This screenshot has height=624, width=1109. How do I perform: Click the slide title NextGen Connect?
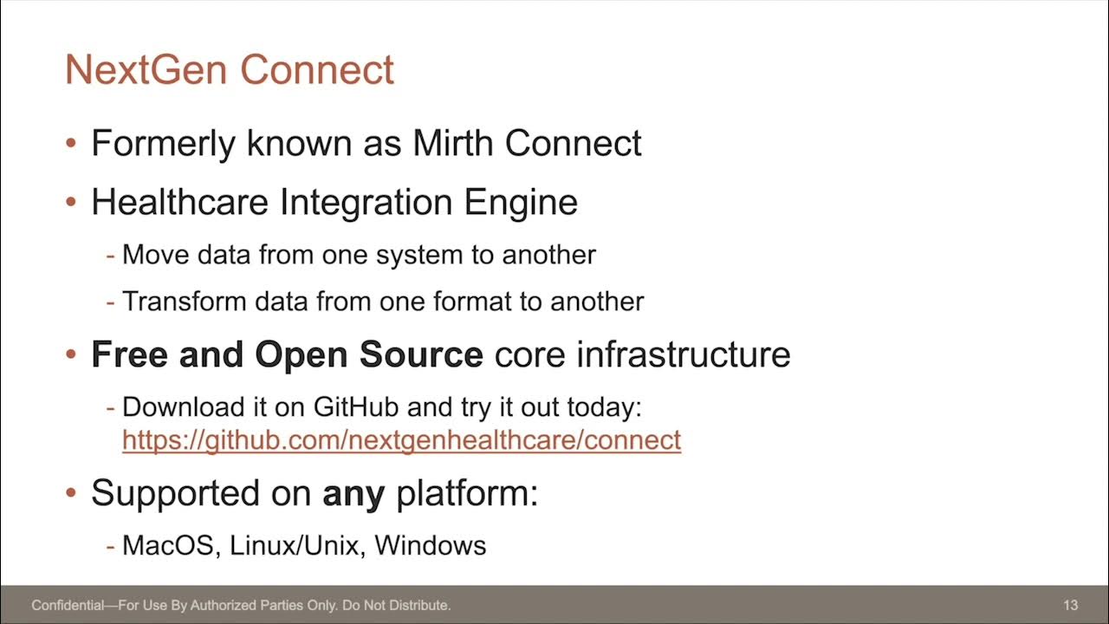230,70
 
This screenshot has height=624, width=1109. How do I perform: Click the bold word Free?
130,354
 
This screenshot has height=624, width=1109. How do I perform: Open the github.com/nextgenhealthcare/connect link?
401,440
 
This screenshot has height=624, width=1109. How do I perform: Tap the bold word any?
353,494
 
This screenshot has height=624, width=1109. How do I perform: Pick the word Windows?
431,545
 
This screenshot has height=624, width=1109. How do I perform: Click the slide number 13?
1070,605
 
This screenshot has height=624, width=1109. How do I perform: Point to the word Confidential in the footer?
68,605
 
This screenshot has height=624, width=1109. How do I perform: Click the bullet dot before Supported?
72,493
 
